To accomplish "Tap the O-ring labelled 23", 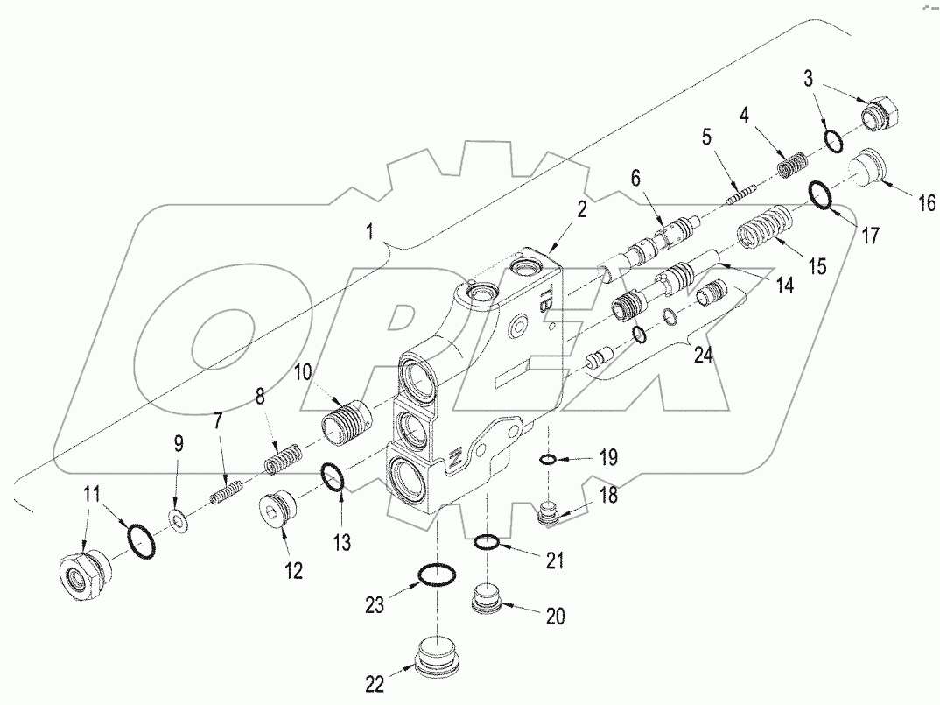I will pos(436,575).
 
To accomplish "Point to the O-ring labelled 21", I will pos(488,545).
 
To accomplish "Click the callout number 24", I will pos(702,356).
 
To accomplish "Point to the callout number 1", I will pos(370,232).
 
